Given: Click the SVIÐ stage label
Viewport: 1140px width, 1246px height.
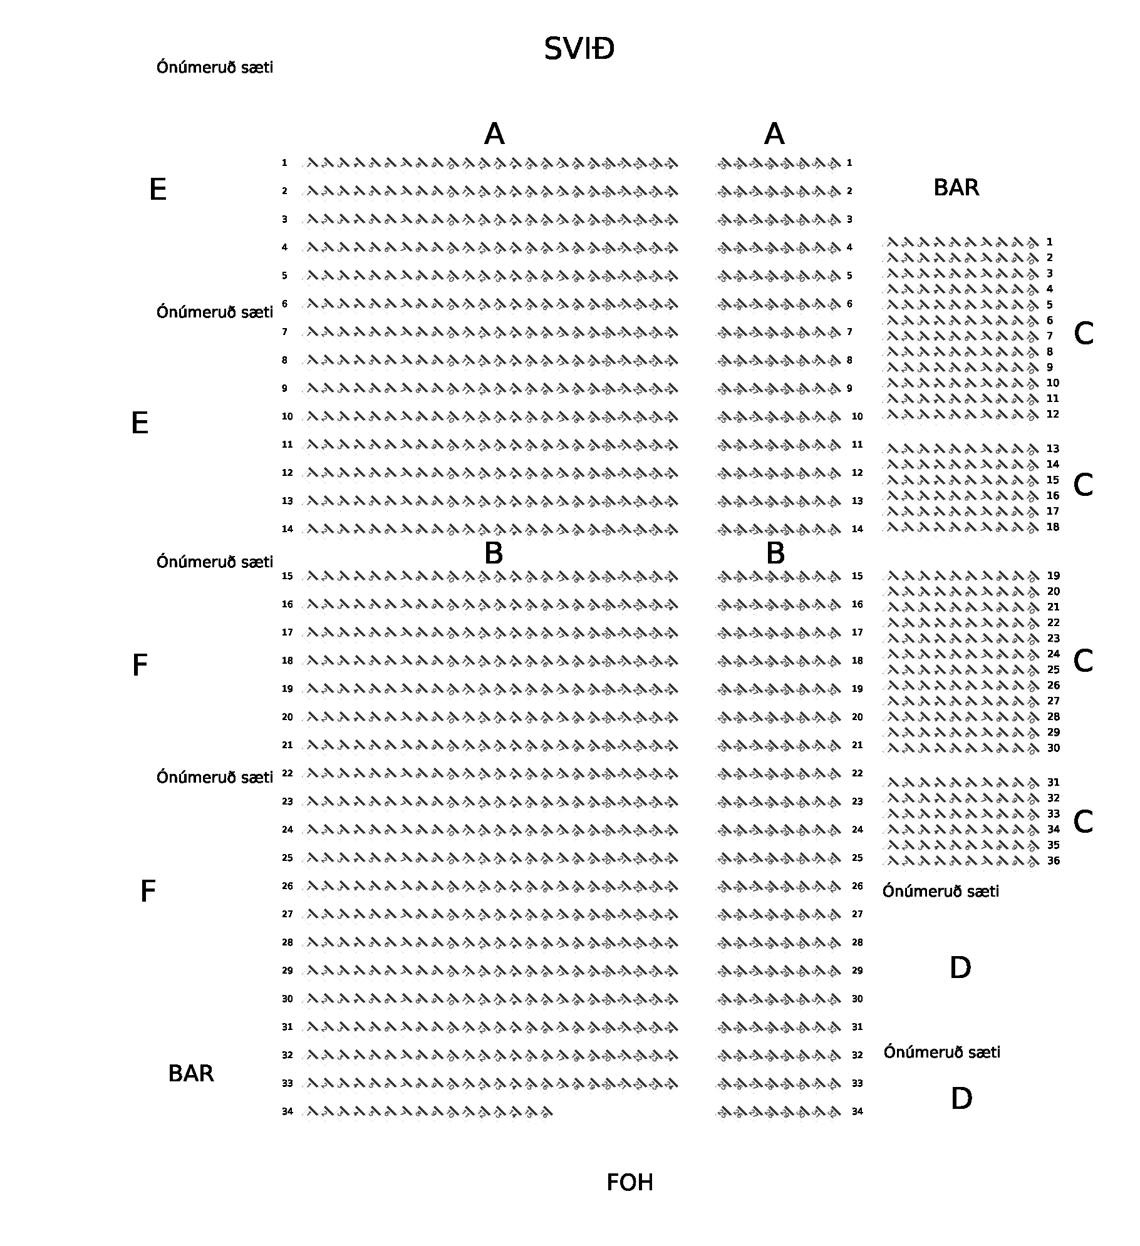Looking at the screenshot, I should (579, 49).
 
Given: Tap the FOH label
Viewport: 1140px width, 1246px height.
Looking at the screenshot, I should (630, 1183).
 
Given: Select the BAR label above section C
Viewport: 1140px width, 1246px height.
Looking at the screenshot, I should (956, 188).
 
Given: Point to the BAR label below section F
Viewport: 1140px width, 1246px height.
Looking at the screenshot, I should (191, 1074).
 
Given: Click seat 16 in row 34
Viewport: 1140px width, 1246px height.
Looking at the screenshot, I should (545, 1112).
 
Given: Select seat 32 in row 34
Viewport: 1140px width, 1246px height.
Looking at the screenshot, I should (833, 1112).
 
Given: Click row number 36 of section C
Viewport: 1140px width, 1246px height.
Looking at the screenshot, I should (1054, 861).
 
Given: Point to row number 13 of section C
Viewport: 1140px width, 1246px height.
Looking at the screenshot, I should (1053, 449).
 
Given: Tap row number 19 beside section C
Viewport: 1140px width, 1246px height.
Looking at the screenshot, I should (1053, 576).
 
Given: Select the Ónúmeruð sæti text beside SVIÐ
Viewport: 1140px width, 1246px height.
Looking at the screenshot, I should (215, 68).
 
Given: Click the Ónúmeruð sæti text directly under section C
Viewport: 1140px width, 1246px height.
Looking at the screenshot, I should (940, 892).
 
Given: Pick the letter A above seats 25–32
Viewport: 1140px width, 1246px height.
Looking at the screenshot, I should (774, 134).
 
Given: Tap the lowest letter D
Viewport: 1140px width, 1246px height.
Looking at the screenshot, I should (961, 1099).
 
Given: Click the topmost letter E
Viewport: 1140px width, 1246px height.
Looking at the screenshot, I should (158, 190).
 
